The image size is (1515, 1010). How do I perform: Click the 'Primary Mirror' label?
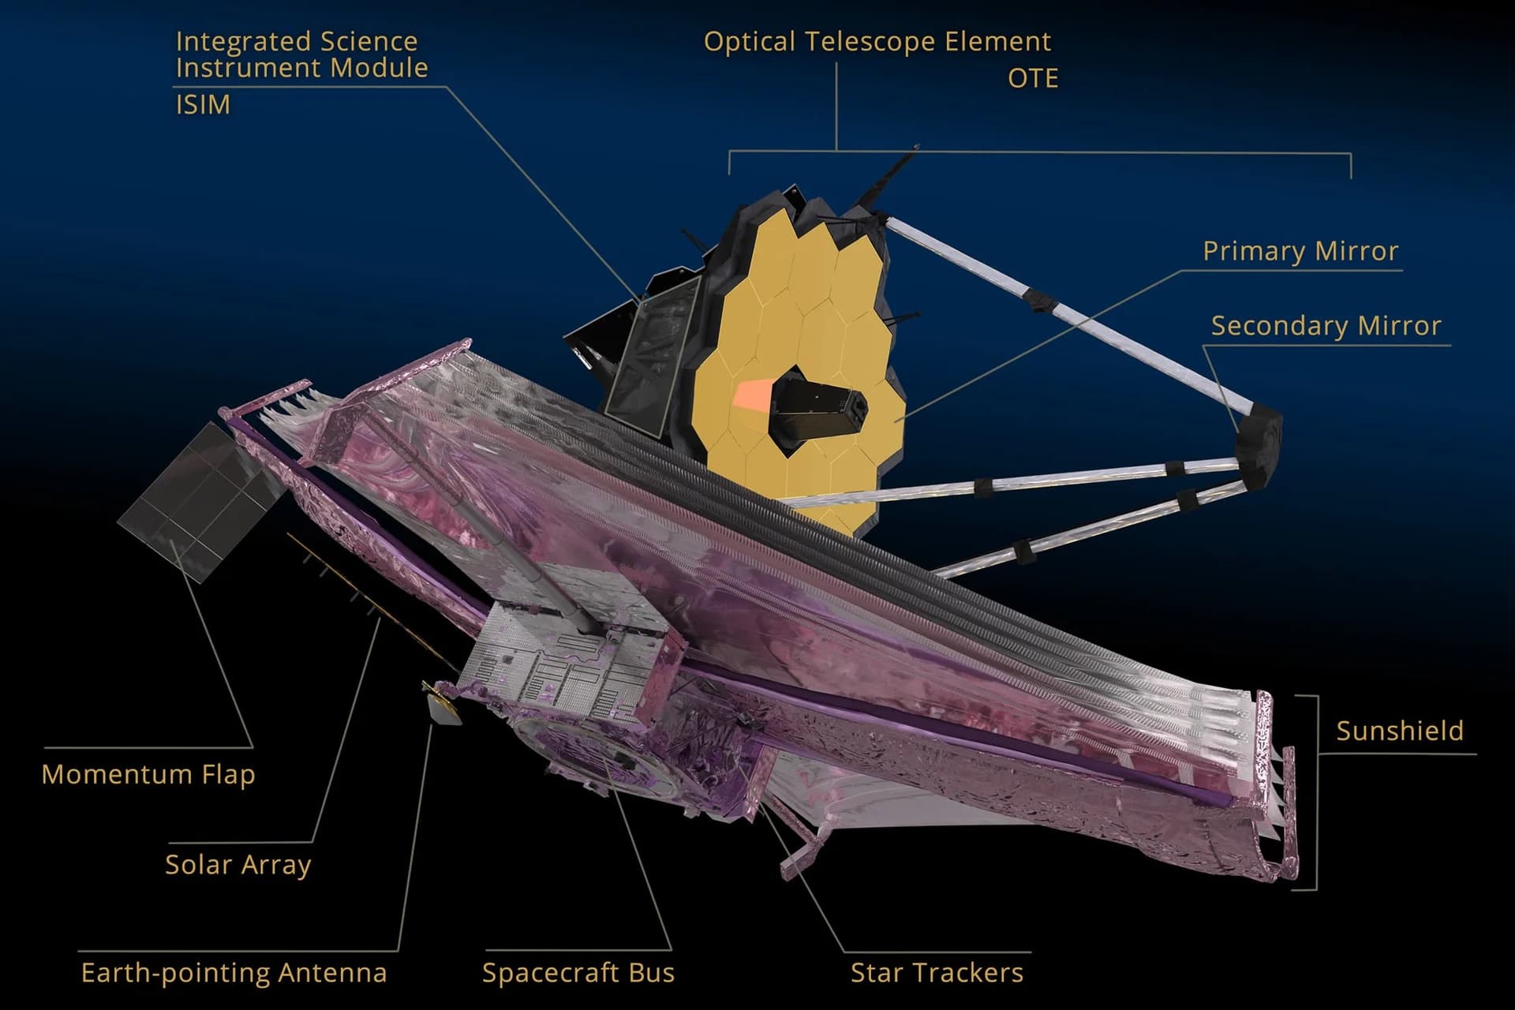(1300, 251)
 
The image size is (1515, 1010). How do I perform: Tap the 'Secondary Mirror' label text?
(1326, 326)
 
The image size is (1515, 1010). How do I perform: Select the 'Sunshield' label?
(1399, 731)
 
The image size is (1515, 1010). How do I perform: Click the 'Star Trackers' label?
(937, 973)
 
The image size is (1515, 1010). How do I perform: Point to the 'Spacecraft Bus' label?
(578, 973)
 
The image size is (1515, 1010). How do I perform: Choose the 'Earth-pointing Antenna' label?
(234, 973)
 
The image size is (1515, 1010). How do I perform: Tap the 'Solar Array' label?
(238, 865)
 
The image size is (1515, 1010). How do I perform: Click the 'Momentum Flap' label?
(148, 774)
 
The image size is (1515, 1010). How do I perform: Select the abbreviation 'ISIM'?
(203, 104)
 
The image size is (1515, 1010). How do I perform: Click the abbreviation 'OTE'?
(1032, 78)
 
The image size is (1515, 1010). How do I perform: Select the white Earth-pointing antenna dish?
(443, 707)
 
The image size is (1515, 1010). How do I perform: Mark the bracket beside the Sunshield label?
(1316, 792)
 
